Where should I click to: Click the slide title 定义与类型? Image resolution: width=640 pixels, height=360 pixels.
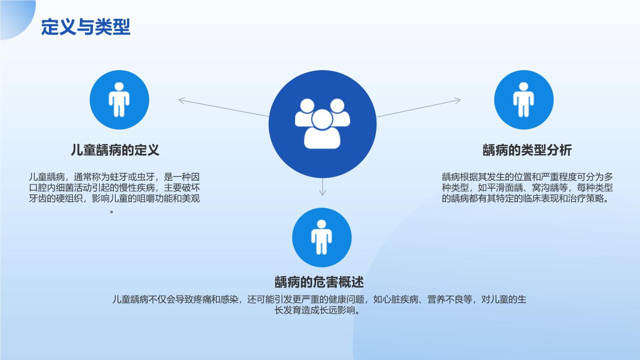click(x=86, y=27)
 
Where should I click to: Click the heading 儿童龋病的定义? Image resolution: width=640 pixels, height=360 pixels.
click(x=115, y=150)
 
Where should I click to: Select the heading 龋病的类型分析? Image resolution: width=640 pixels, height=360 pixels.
click(x=527, y=150)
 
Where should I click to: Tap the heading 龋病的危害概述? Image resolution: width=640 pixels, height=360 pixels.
click(x=319, y=282)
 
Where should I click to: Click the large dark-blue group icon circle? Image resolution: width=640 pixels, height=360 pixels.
click(x=322, y=124)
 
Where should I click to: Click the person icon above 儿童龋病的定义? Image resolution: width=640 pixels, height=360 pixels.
click(x=119, y=100)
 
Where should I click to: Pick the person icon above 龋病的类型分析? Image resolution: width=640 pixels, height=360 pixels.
click(x=524, y=100)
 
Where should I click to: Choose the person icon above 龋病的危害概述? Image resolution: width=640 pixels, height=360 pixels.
click(x=322, y=238)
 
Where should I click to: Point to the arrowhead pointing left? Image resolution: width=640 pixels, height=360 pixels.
click(x=182, y=100)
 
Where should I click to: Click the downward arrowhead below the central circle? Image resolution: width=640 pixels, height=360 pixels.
click(x=322, y=192)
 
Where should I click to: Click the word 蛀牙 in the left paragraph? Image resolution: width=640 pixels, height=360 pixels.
click(x=119, y=177)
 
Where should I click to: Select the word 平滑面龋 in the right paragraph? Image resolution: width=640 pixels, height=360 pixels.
click(x=505, y=188)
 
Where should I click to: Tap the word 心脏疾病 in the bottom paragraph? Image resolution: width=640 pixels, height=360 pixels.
click(x=400, y=299)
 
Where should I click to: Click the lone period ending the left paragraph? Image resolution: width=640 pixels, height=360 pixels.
click(x=112, y=212)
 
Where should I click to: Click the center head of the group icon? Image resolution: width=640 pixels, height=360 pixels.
click(x=322, y=119)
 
